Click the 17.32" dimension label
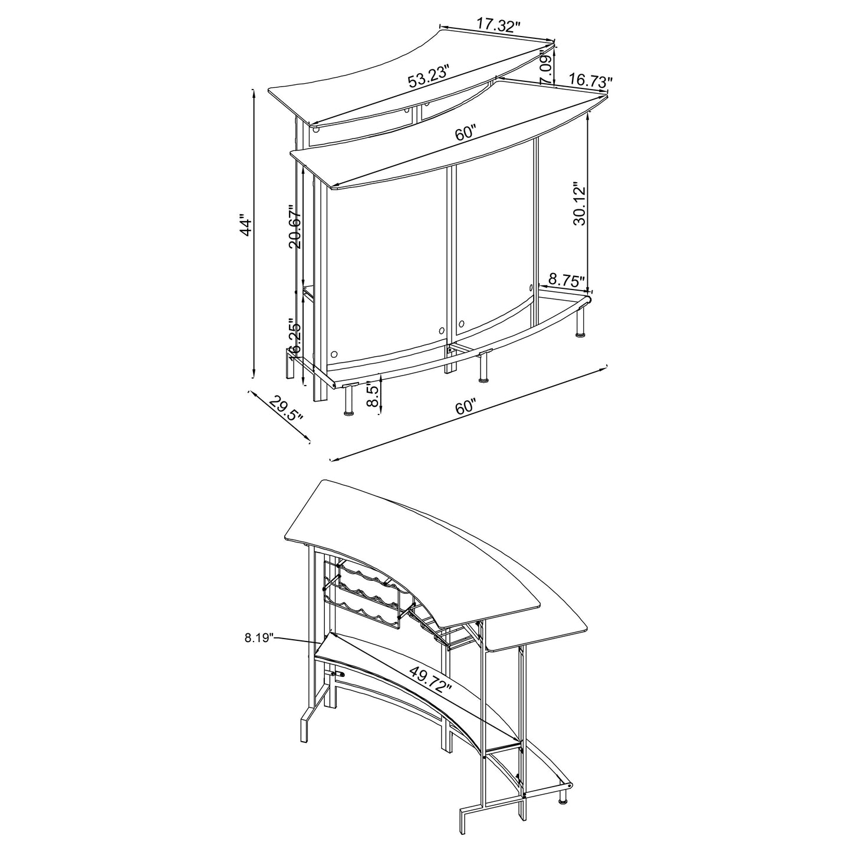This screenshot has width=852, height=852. pos(499,25)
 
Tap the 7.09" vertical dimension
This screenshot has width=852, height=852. pos(547,69)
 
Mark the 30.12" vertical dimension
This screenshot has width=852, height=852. pos(579,204)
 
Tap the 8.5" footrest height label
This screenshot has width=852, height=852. pos(372,394)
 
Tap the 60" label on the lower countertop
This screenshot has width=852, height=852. pos(465,133)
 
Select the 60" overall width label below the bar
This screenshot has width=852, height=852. pos(465,406)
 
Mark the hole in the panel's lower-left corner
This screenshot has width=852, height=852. pos(334,355)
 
